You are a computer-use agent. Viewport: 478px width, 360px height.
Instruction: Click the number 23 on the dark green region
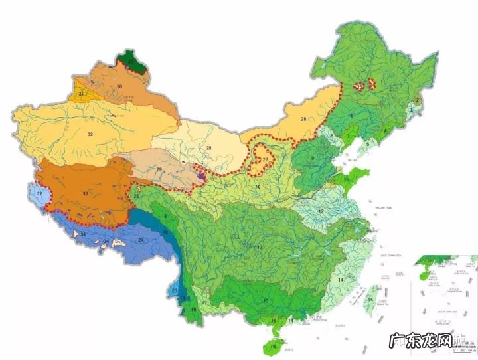point(131,62)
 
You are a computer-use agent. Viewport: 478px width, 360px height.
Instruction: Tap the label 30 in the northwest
point(119,87)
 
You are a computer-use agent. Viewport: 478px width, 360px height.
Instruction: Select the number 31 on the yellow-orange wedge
point(80,95)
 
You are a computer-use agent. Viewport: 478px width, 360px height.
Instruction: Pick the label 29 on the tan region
point(159,171)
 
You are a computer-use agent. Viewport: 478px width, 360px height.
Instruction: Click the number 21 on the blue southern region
point(140,239)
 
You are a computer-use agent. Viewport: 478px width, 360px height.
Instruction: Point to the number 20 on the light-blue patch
point(175,290)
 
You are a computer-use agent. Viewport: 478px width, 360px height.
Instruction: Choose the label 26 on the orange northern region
point(303,120)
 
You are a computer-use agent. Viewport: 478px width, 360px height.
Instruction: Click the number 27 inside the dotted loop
point(265,160)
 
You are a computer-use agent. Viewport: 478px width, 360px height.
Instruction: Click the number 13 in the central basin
point(260,247)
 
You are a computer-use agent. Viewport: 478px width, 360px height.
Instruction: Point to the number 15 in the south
point(266,301)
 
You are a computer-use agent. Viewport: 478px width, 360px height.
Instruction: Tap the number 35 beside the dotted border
point(135,197)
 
